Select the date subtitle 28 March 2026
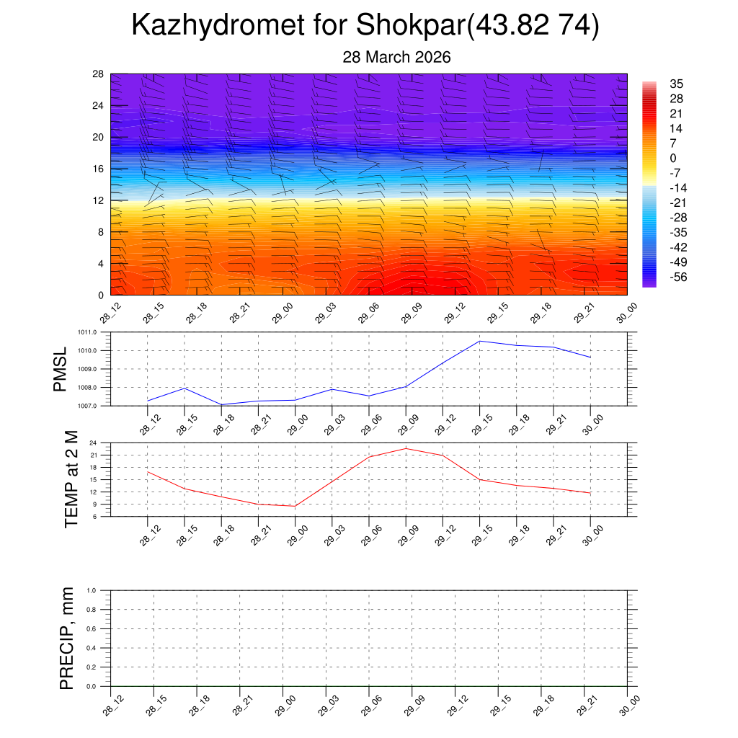coord(396,58)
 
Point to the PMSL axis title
coord(60,369)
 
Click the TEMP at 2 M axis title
coord(71,479)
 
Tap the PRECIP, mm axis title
coord(67,638)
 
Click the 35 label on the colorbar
coord(676,84)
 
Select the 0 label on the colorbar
coord(673,158)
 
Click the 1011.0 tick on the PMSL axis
coord(94,332)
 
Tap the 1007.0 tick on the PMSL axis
coord(94,406)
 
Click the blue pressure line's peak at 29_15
coord(480,341)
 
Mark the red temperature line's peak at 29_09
coord(406,448)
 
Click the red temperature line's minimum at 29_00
coord(295,506)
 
